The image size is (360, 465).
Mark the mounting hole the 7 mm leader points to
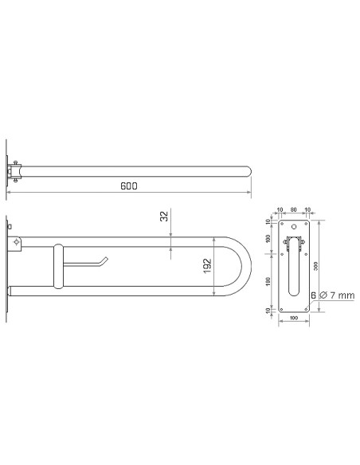pos(307,308)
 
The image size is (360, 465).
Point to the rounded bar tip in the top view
pos(250,170)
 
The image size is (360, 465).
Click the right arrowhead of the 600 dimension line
pos(250,192)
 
